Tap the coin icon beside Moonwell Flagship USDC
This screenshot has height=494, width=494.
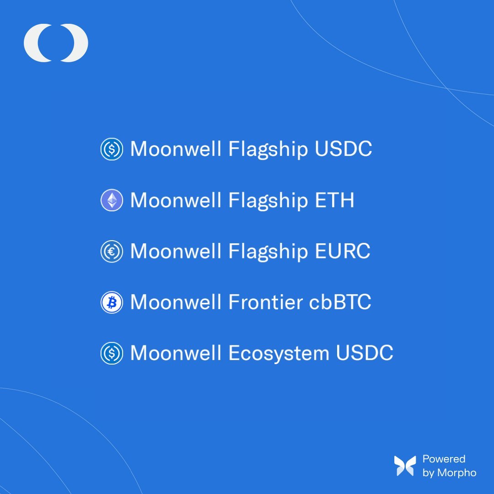[112, 150]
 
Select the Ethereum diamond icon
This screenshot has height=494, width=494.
[112, 200]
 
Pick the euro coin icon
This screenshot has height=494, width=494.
[112, 252]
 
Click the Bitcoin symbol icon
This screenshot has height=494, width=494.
[112, 302]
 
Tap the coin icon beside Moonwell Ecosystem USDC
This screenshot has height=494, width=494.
[112, 354]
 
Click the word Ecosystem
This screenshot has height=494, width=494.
[279, 354]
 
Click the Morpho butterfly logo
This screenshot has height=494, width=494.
[405, 466]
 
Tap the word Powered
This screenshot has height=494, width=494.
[444, 459]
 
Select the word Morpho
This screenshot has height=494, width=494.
[456, 473]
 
